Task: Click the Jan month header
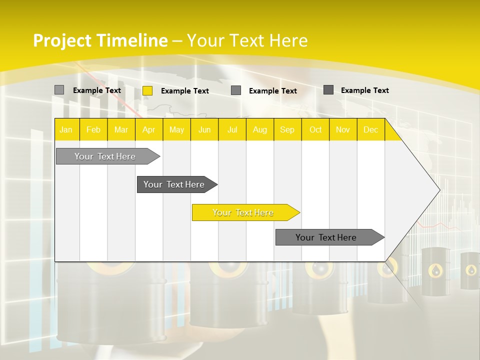(66, 130)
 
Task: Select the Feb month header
(93, 130)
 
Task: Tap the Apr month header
(148, 130)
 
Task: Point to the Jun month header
(204, 130)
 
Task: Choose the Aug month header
(259, 130)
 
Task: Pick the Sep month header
(287, 130)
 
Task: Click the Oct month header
(315, 130)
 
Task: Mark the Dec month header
(370, 130)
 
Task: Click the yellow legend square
(147, 90)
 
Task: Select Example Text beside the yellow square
(185, 91)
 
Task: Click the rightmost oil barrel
(470, 272)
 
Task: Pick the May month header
(176, 130)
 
